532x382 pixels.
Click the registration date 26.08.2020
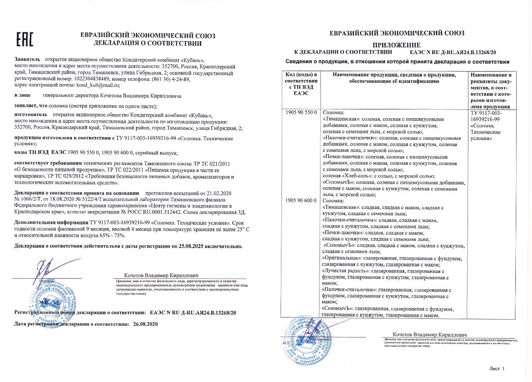point(145,323)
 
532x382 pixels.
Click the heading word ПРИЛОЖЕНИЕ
point(396,45)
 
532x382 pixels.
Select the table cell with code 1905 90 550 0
point(301,112)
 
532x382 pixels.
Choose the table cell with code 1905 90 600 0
point(301,201)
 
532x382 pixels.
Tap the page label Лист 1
point(497,368)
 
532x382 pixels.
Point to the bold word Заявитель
point(27,60)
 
